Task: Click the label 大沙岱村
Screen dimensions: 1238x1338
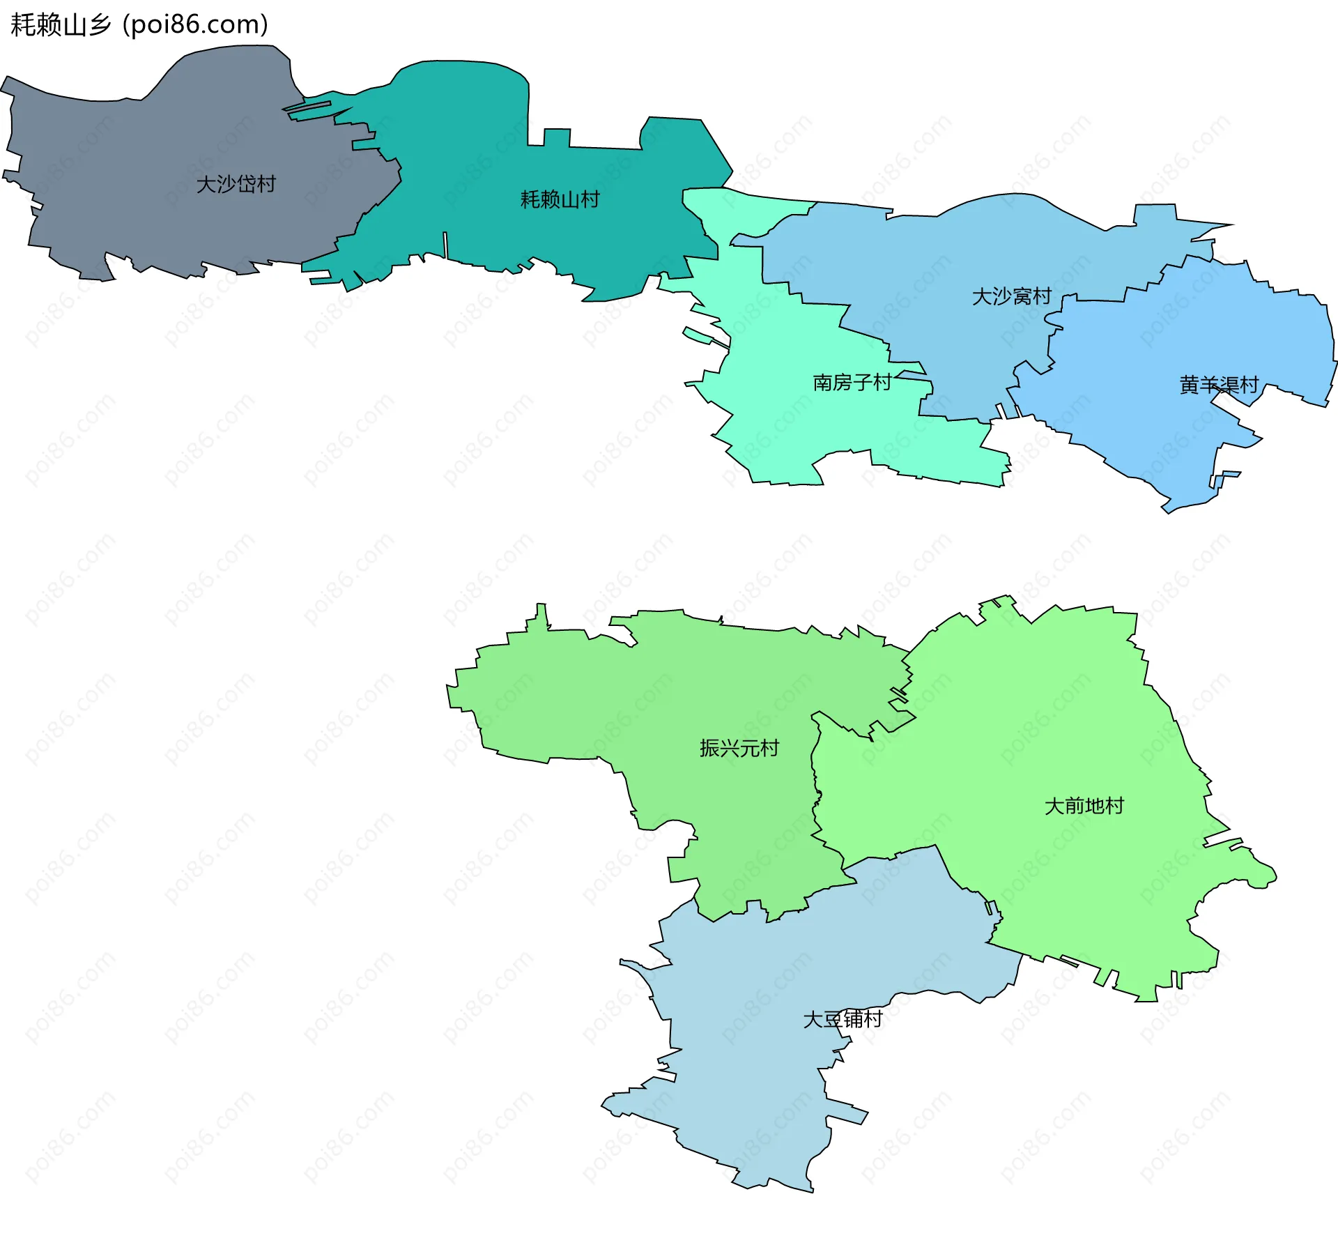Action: [x=236, y=184]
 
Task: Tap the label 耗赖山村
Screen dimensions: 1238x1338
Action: [x=560, y=200]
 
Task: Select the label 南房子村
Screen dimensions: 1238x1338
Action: [x=852, y=383]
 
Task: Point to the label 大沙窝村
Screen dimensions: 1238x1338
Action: [x=1011, y=296]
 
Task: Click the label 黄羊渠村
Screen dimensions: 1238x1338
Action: [x=1219, y=385]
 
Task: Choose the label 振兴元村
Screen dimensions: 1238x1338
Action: [x=739, y=748]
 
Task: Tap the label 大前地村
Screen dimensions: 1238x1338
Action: [x=1084, y=806]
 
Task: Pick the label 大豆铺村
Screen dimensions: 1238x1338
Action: [x=843, y=1019]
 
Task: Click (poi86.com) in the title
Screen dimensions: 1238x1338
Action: [x=196, y=25]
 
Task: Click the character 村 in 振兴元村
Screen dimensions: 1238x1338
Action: [x=769, y=748]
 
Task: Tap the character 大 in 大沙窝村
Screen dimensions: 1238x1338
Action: [x=981, y=296]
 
